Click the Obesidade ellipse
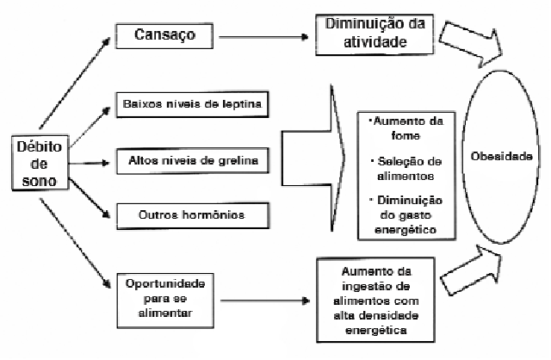point(502,160)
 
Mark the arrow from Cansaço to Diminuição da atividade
point(263,38)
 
